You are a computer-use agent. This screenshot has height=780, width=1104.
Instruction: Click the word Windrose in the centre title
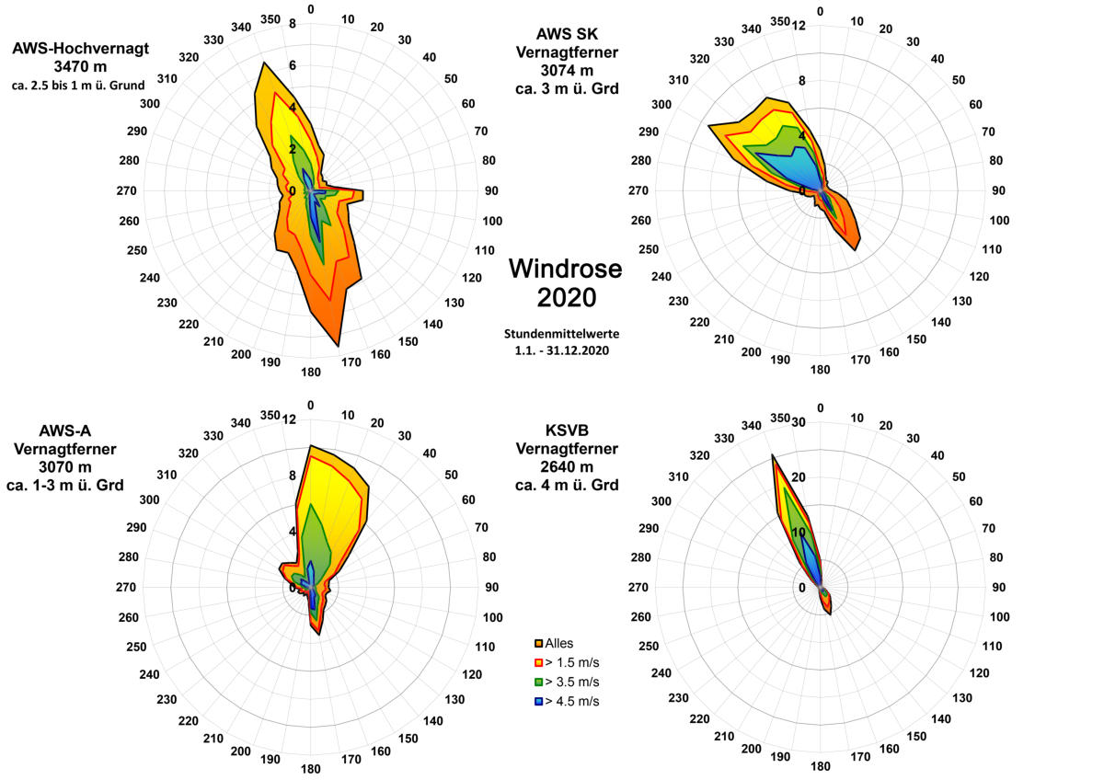(565, 269)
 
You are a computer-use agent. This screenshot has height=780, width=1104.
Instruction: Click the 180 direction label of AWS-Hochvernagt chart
(311, 372)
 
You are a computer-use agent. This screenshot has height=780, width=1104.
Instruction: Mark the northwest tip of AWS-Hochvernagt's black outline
(263, 63)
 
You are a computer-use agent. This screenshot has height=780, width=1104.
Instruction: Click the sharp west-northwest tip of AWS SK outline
(708, 126)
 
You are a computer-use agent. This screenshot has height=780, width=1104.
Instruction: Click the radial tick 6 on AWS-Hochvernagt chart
(293, 65)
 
